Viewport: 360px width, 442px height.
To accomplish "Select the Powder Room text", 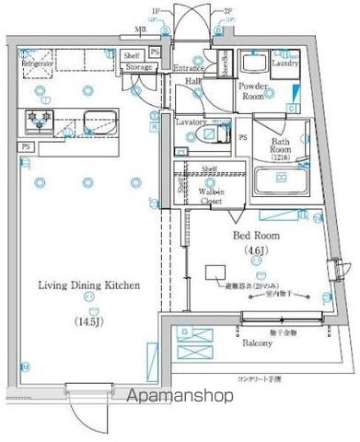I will click(254, 90).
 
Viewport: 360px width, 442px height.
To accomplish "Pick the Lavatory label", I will click(192, 121).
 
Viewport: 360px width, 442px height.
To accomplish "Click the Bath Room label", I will click(281, 146).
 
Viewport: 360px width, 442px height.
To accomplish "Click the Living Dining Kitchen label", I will click(87, 285).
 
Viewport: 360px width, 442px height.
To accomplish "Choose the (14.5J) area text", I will click(89, 321).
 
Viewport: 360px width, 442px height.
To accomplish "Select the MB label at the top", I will click(140, 30).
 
